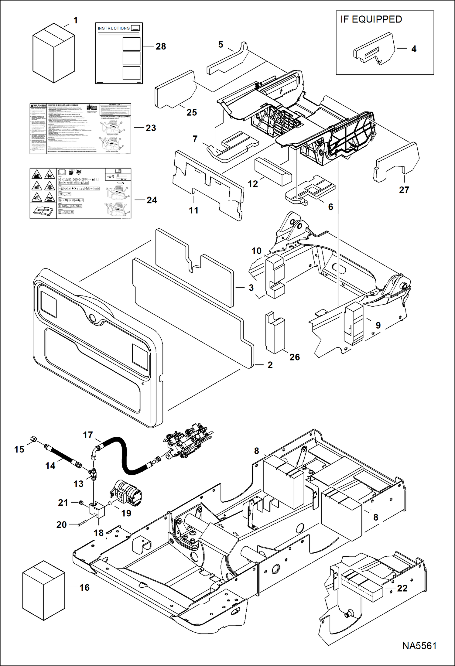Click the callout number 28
[161, 46]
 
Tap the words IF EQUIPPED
[371, 19]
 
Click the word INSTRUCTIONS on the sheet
[114, 28]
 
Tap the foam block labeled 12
[273, 171]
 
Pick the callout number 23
[151, 128]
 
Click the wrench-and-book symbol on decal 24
[43, 210]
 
